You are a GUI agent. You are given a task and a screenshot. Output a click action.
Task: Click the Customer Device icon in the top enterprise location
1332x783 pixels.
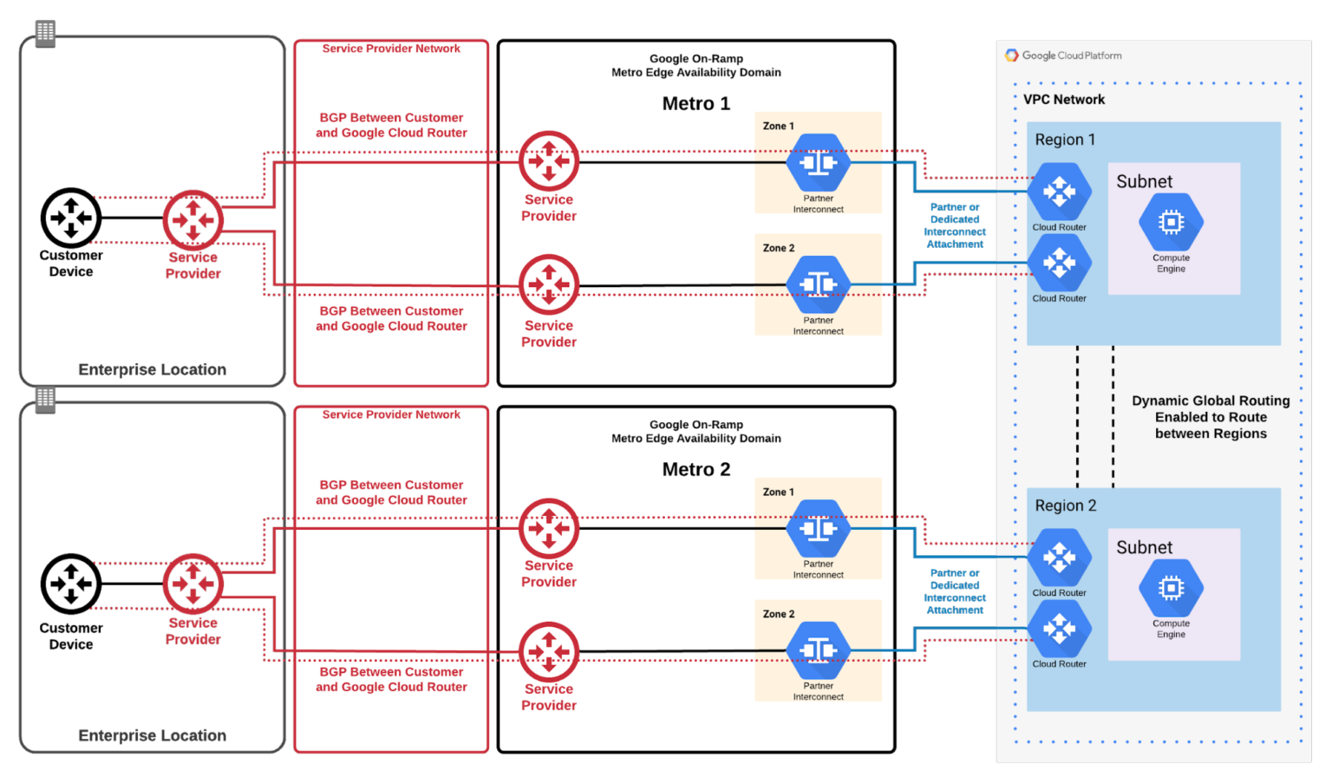click(71, 218)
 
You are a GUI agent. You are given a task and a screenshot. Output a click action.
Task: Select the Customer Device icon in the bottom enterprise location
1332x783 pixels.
click(71, 584)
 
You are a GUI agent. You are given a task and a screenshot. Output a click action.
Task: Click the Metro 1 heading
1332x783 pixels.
click(695, 104)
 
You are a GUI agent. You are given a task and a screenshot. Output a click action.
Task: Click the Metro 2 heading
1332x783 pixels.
click(695, 470)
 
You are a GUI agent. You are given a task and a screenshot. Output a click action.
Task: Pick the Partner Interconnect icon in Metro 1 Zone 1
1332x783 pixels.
click(818, 162)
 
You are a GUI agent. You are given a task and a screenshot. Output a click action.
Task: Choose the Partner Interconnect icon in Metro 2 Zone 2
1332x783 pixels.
click(818, 650)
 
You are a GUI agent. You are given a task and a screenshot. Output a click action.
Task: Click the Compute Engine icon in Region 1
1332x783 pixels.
click(1171, 223)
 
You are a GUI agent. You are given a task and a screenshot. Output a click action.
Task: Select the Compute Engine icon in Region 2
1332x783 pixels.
click(1171, 589)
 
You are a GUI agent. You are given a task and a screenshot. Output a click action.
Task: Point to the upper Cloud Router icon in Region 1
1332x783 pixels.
click(1059, 192)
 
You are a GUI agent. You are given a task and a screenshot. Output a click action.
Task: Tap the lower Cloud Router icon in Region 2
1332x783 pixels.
click(1059, 629)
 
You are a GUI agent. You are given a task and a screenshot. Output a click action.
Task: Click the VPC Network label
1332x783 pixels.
click(1064, 100)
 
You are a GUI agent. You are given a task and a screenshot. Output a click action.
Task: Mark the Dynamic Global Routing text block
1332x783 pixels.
click(1211, 417)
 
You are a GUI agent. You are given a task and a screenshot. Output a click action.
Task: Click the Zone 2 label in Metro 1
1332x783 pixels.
click(778, 248)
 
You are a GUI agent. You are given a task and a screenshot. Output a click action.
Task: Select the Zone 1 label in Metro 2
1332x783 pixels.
click(778, 493)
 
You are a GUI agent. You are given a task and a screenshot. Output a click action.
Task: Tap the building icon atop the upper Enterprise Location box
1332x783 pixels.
click(45, 33)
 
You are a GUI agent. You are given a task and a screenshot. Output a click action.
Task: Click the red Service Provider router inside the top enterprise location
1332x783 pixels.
click(193, 219)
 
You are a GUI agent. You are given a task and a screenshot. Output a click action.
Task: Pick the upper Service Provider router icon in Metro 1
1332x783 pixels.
click(548, 161)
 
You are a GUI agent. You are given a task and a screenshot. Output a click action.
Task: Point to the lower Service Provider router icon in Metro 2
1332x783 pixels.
click(548, 651)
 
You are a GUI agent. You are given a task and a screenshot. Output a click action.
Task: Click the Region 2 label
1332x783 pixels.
click(1065, 506)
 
